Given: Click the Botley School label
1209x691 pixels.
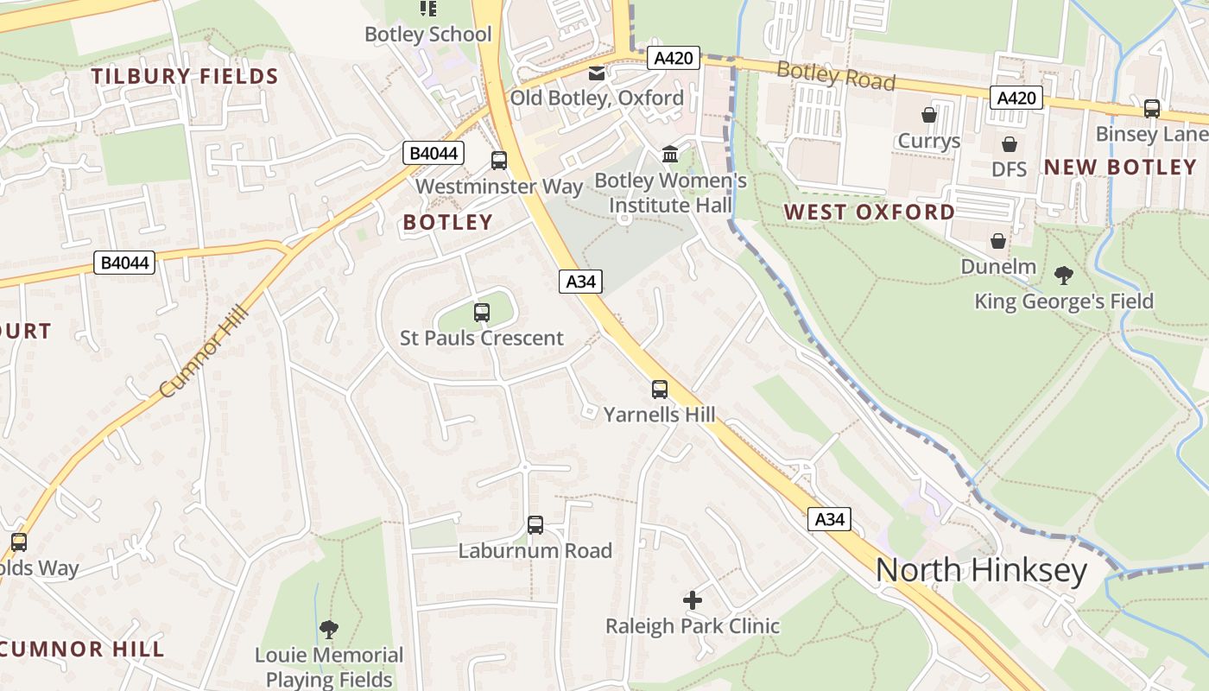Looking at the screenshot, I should (428, 35).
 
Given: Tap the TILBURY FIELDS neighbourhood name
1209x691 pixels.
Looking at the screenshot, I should (185, 76).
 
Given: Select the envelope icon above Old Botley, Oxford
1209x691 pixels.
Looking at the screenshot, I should (597, 74).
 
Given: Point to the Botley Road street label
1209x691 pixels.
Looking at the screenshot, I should (835, 76).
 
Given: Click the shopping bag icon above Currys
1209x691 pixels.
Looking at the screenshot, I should (929, 115).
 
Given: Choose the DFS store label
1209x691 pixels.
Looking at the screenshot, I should (1009, 169).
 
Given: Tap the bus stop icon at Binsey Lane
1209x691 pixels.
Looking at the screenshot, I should (1151, 109).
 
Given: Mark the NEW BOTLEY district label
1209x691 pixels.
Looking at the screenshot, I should (1120, 167).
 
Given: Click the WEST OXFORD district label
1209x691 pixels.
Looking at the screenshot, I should (869, 212).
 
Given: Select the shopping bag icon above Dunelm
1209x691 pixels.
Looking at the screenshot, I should (998, 241).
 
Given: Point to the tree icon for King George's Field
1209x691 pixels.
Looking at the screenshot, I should (1064, 276).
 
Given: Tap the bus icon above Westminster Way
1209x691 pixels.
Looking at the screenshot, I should (499, 160).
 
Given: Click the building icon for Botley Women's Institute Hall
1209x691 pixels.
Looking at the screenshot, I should (670, 155).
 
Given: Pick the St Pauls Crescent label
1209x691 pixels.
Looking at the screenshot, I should (481, 338).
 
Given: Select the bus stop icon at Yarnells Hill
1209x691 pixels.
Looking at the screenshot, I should (660, 389).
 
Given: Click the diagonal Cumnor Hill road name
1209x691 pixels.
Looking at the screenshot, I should (204, 352).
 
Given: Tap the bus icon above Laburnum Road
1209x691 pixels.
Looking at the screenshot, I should (535, 524).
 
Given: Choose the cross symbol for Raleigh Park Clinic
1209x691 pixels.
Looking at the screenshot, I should (693, 599).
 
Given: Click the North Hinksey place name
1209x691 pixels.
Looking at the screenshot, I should (980, 571).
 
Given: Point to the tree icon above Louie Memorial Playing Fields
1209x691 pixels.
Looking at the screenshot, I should (328, 629).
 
